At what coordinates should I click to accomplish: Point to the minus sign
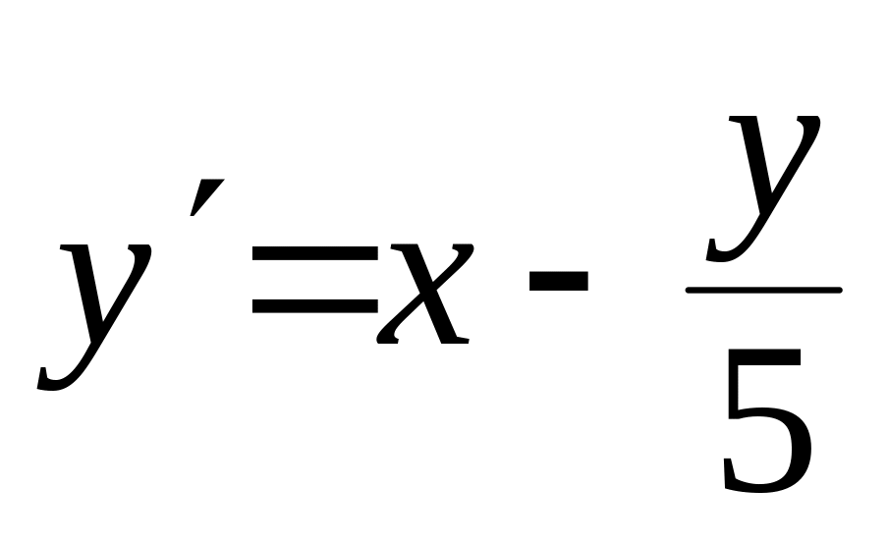tap(558, 282)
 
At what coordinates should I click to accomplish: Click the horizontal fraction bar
tap(763, 290)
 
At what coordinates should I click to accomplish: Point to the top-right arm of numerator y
tap(809, 123)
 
